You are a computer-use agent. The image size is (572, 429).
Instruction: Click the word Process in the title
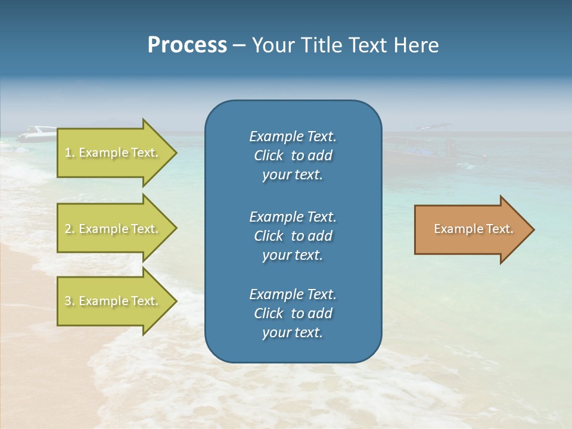tap(187, 45)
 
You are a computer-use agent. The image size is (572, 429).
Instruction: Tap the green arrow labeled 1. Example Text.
tap(113, 153)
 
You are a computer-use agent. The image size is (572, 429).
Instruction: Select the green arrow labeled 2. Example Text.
tap(113, 229)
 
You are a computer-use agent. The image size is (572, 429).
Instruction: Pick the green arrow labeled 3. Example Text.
tap(113, 301)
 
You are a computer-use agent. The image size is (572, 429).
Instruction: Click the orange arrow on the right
tap(471, 229)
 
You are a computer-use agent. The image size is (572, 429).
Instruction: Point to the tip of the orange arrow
tap(532, 229)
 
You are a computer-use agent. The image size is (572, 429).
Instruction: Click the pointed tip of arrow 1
tap(175, 153)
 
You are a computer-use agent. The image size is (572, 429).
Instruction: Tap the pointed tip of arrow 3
tap(175, 301)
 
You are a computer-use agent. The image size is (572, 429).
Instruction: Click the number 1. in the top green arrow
tap(70, 153)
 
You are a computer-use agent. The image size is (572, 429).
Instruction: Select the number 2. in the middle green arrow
tap(70, 229)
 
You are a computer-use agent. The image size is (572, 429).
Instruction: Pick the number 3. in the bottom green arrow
tap(70, 301)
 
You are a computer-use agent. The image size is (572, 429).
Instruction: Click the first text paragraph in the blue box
tap(293, 156)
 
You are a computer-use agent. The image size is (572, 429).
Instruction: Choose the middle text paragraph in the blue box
tap(293, 235)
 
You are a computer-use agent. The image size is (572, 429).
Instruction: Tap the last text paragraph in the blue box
tap(293, 313)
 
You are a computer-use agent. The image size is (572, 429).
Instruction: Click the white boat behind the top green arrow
tap(36, 133)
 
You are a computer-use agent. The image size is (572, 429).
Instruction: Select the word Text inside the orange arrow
tap(499, 229)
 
